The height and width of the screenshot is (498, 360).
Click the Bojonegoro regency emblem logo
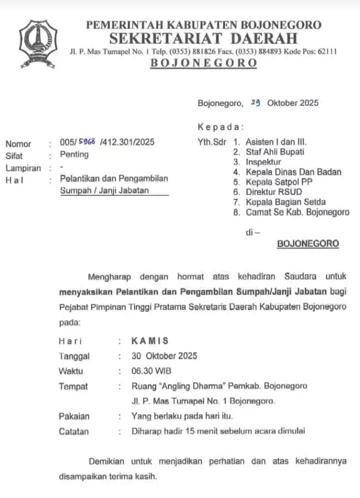coord(38,44)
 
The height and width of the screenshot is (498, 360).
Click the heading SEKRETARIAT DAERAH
coord(203,38)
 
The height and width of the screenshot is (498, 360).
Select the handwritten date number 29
coord(255,102)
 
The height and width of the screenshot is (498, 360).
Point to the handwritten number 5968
coord(86,142)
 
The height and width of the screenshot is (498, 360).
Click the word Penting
coord(74,154)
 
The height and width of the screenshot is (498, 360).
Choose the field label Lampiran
coord(23,168)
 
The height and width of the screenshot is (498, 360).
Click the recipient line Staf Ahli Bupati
coord(274,152)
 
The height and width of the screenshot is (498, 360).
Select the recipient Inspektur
coord(263,162)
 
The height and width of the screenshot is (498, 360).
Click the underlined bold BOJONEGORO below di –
coord(307,244)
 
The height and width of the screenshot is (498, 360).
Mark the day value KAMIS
coord(149,341)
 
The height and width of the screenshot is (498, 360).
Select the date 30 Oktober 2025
coord(164,356)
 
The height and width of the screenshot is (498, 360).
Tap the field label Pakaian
coord(74,416)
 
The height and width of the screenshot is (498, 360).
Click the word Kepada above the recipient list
coord(220,127)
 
